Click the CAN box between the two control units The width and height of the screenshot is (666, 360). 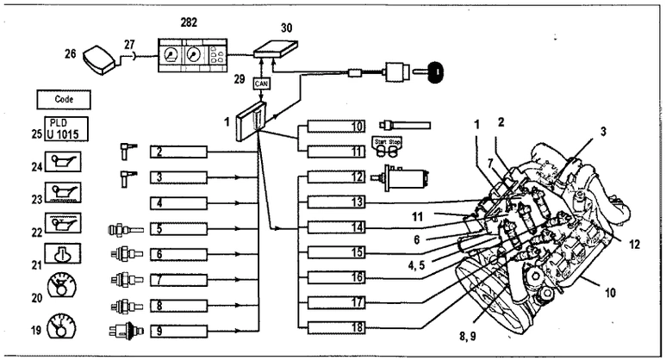(x=261, y=84)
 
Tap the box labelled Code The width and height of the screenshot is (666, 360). (x=64, y=100)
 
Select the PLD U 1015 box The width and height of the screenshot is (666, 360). (x=66, y=129)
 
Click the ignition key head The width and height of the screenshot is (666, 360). (x=435, y=71)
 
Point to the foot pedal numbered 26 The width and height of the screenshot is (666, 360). (x=98, y=59)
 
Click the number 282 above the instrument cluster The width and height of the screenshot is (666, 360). (x=189, y=22)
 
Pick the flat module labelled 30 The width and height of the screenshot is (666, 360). (x=276, y=49)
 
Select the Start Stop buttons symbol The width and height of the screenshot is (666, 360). (x=387, y=148)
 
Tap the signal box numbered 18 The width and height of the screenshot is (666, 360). (x=336, y=328)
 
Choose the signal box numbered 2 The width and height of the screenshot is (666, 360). (x=179, y=152)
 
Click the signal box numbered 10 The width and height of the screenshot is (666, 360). (x=336, y=126)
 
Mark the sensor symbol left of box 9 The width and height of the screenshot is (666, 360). (x=127, y=331)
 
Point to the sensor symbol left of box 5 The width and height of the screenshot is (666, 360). (x=126, y=230)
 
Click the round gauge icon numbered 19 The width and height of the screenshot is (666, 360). (x=62, y=326)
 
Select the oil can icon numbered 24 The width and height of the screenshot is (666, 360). (x=63, y=162)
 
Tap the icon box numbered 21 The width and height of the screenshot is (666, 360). (x=63, y=253)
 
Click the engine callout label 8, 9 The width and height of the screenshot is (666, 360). (x=467, y=336)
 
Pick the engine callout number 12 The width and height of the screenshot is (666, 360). (x=634, y=245)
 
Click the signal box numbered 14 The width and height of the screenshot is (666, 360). (x=336, y=227)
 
